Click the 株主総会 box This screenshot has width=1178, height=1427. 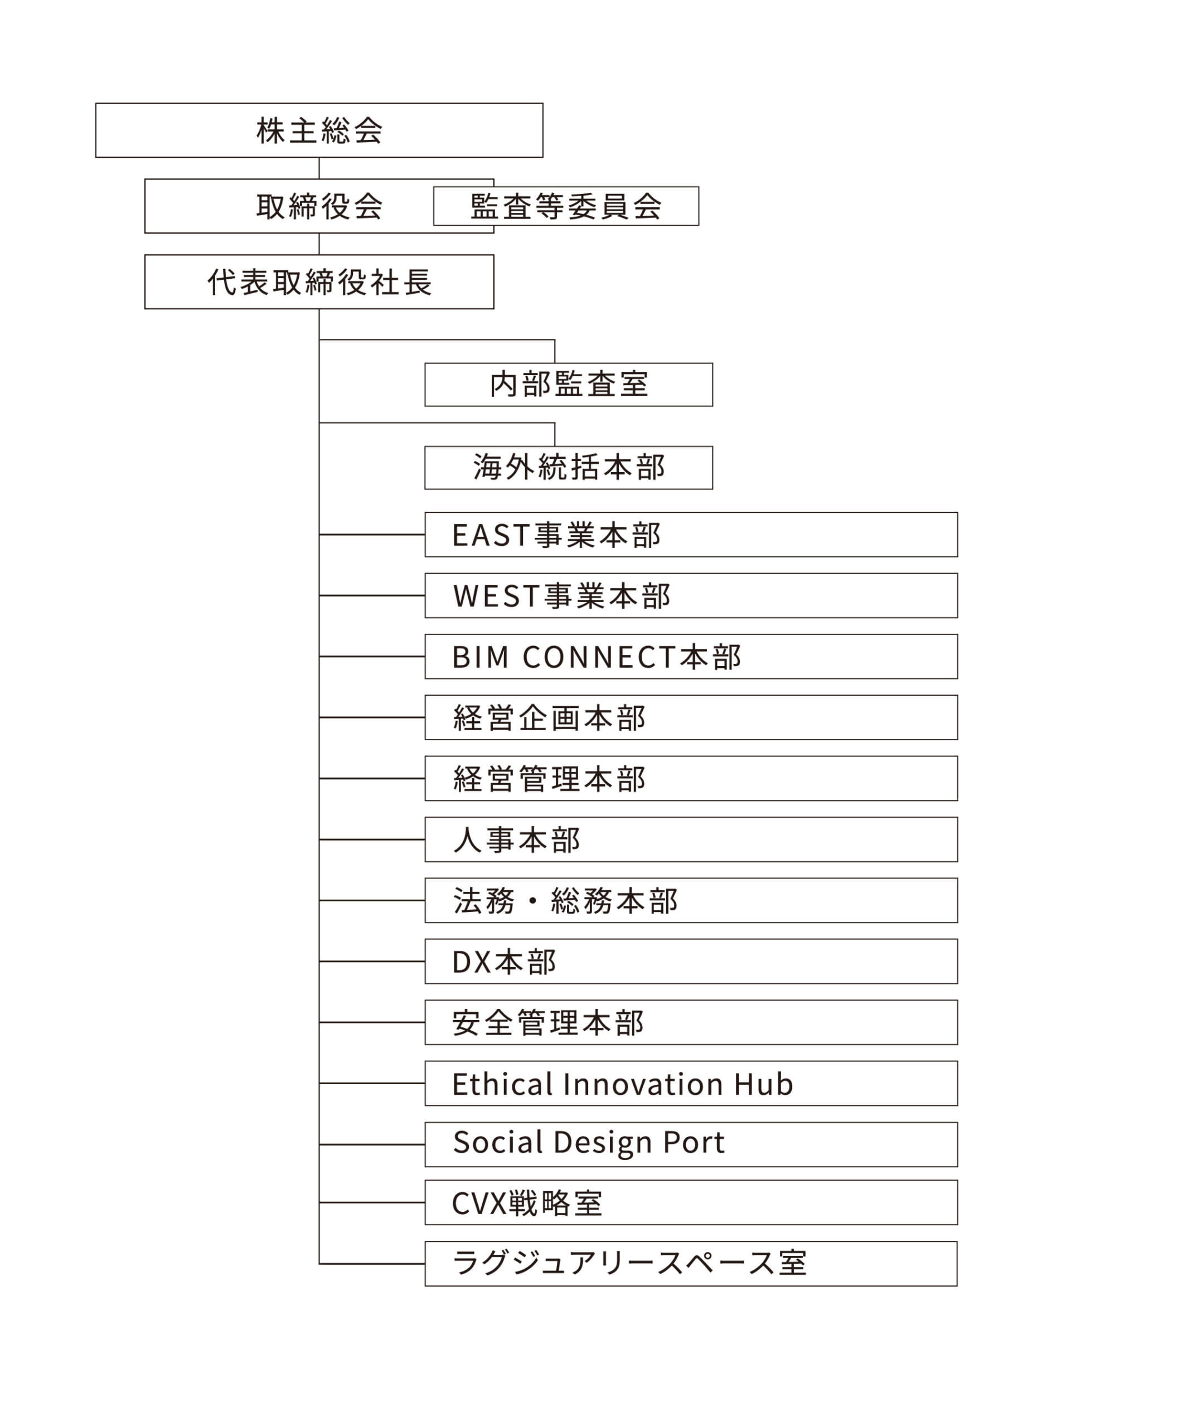[319, 130]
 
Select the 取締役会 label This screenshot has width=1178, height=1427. [319, 206]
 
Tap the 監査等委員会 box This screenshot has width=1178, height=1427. [566, 206]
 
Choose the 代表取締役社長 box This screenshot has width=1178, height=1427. [319, 282]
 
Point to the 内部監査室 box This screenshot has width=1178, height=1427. [569, 385]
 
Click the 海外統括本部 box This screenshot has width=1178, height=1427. [569, 468]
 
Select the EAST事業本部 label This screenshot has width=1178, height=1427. [556, 535]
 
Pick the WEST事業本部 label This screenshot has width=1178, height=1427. [562, 596]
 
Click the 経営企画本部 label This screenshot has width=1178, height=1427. [549, 718]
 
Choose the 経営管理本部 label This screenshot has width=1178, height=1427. [549, 779]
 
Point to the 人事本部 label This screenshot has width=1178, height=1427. [516, 840]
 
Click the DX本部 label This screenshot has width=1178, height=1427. [504, 962]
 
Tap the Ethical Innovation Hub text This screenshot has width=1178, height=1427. [623, 1084]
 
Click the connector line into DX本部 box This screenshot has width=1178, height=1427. [372, 962]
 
